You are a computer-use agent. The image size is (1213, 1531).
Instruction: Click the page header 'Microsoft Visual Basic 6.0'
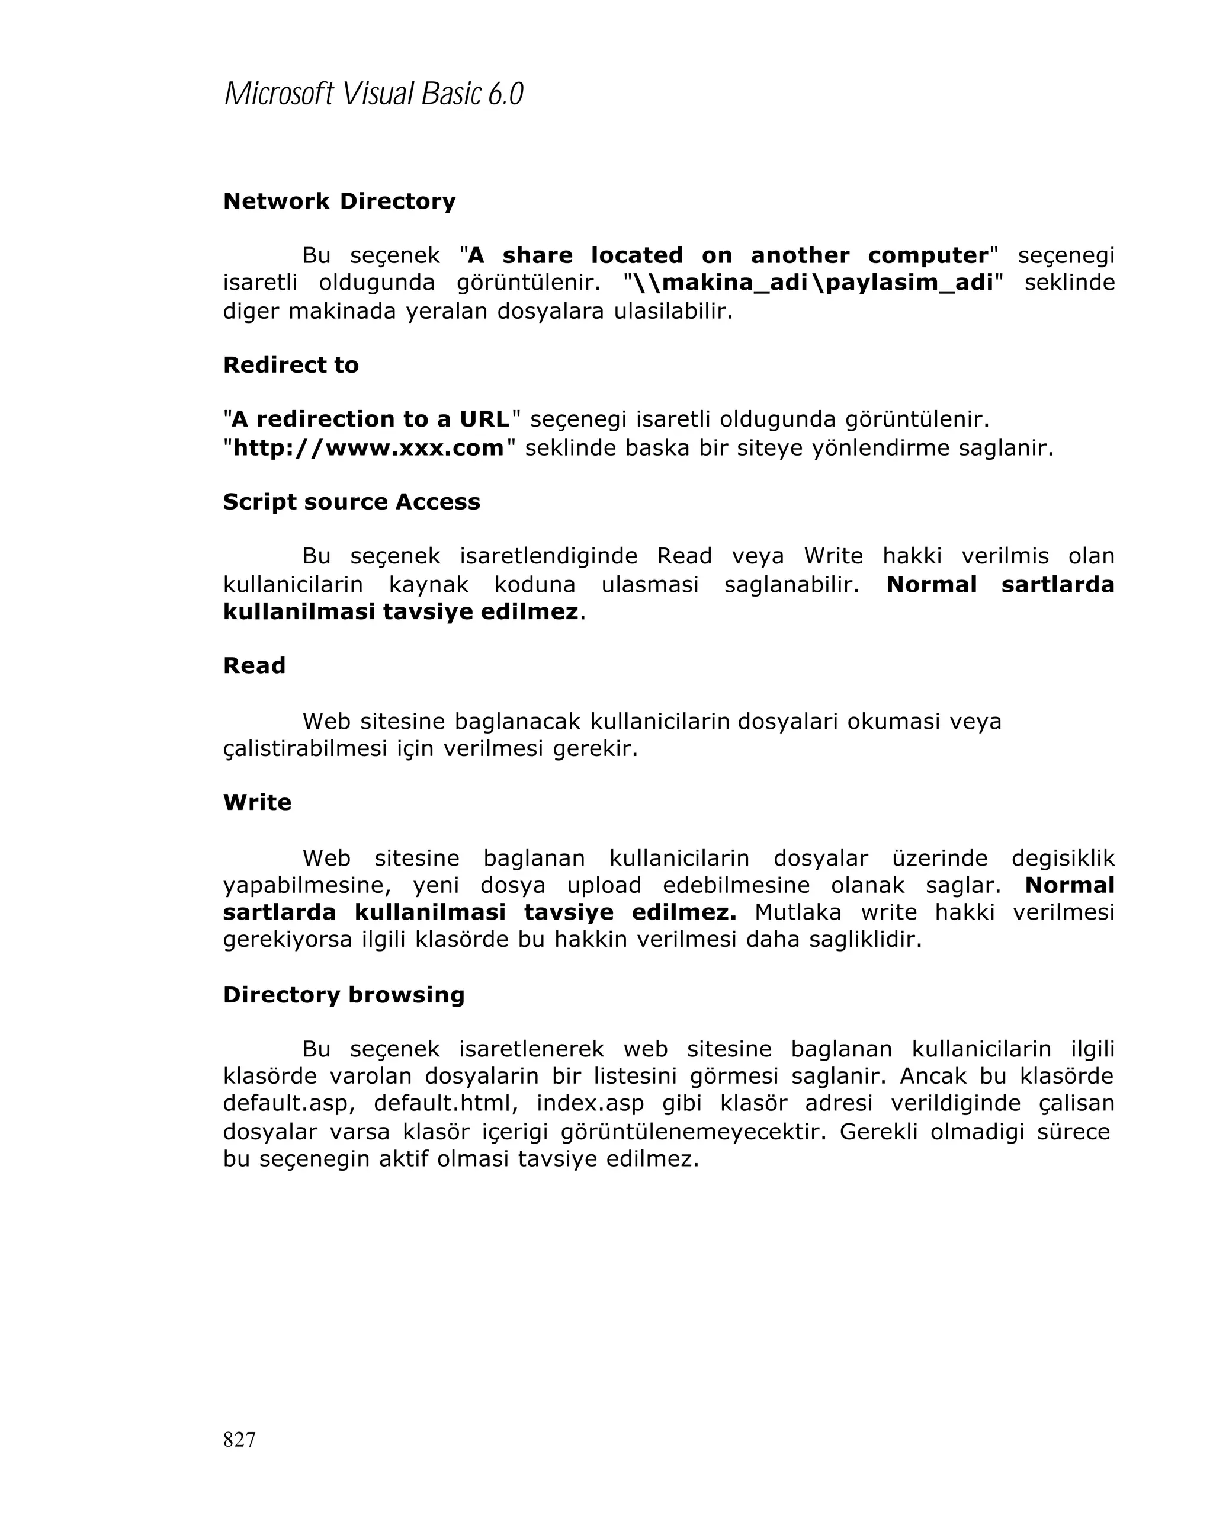pyautogui.click(x=373, y=94)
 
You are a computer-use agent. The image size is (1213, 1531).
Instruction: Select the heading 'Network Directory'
pyautogui.click(x=339, y=201)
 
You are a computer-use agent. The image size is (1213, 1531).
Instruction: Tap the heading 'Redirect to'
pyautogui.click(x=291, y=365)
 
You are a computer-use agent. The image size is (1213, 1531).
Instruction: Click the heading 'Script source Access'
pyautogui.click(x=351, y=501)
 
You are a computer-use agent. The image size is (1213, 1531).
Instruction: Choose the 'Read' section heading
pyautogui.click(x=254, y=665)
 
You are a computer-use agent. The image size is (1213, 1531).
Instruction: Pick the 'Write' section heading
pyautogui.click(x=257, y=802)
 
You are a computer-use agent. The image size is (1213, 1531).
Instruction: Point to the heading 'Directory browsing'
pyautogui.click(x=344, y=995)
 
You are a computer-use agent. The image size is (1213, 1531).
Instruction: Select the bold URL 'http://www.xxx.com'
pyautogui.click(x=368, y=448)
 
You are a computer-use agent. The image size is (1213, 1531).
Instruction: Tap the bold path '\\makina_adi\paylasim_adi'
pyautogui.click(x=812, y=283)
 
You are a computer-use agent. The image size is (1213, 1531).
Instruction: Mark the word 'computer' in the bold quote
pyautogui.click(x=928, y=255)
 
